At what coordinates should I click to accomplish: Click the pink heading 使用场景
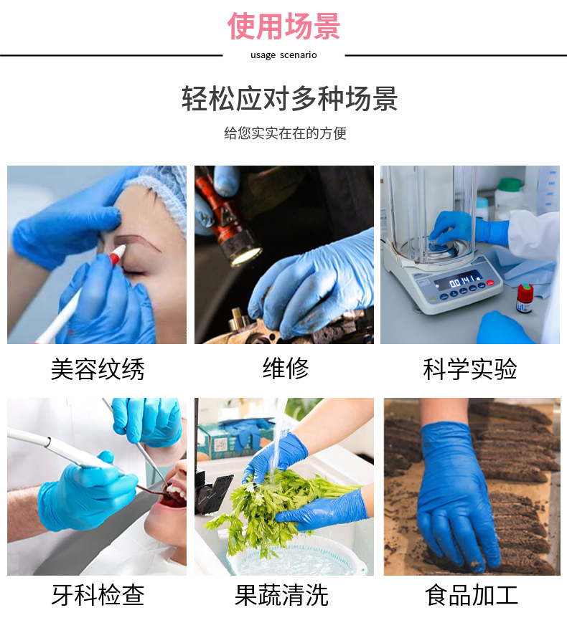283,27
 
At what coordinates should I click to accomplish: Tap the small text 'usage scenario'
283,55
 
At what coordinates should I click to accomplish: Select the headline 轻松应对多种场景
289,99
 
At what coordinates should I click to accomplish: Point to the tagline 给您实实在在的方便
285,133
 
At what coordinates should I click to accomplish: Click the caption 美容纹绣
97,369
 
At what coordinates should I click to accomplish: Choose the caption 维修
285,368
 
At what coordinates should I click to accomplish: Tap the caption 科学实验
470,369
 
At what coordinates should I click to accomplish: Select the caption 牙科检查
97,595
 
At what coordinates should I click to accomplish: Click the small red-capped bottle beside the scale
525,298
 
